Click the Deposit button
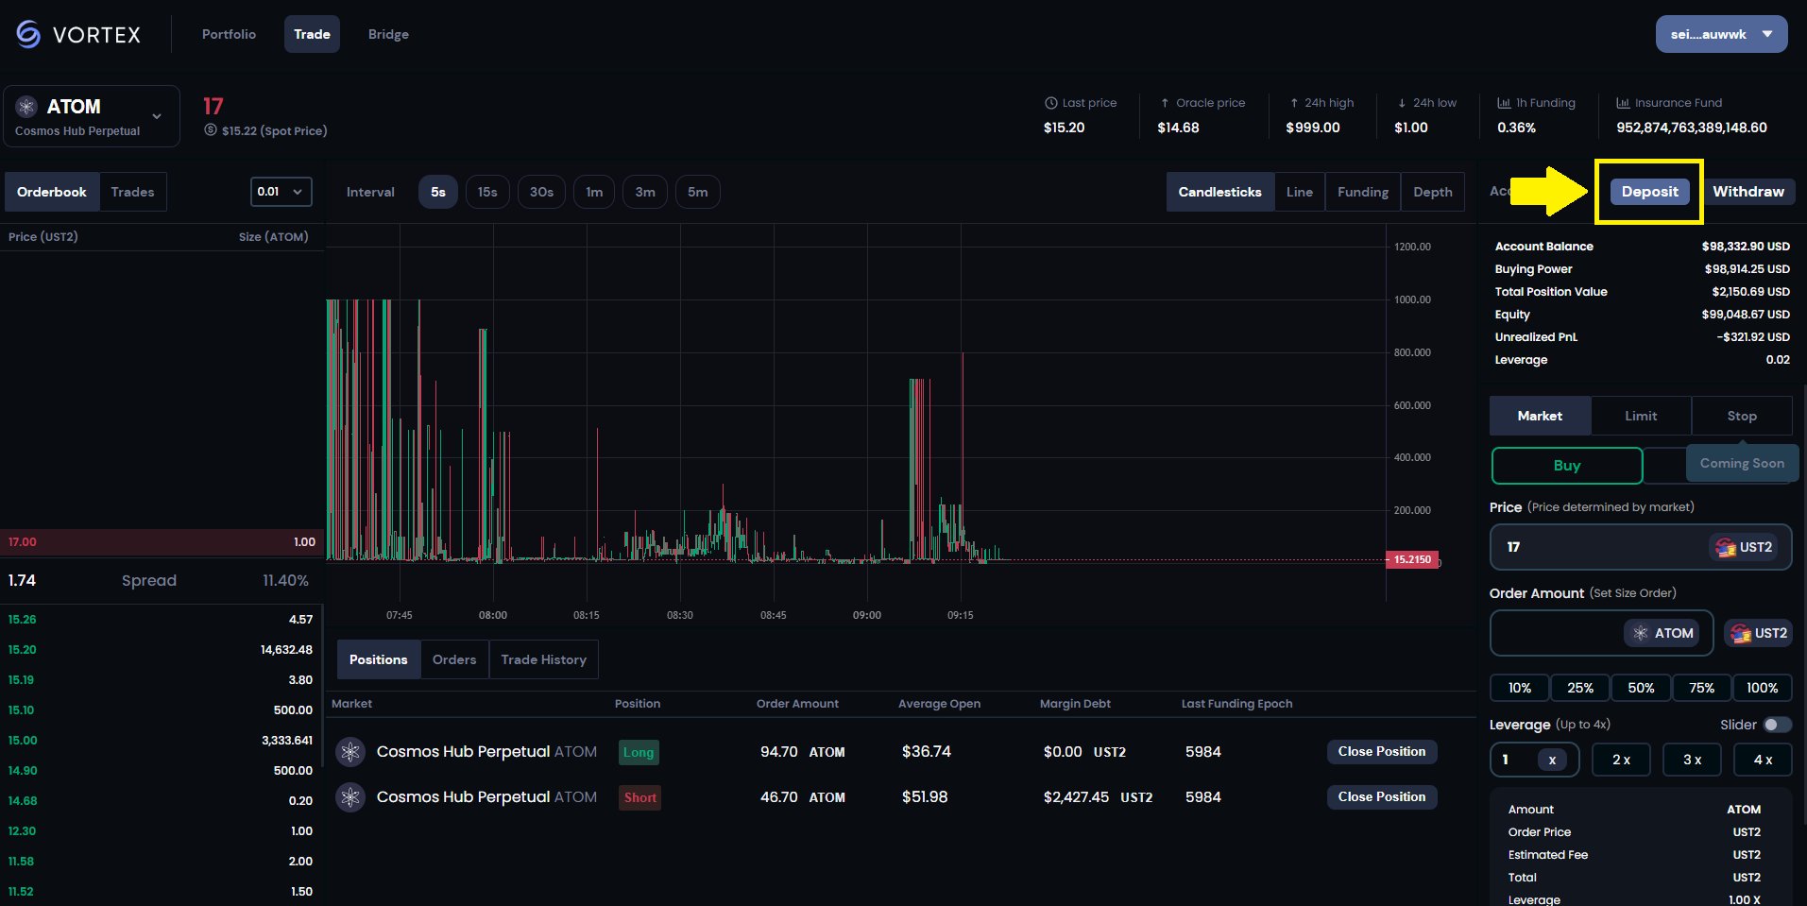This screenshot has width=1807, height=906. tap(1649, 192)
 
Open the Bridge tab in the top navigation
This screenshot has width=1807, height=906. tap(388, 34)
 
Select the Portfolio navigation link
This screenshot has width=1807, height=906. tap(229, 34)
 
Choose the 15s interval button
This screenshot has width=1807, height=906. tap(487, 192)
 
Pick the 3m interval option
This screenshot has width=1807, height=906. tap(645, 192)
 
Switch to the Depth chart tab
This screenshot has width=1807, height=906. tap(1432, 192)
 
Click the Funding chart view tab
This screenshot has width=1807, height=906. tap(1362, 192)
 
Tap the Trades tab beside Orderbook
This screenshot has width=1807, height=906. tap(132, 192)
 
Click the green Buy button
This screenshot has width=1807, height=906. tap(1566, 466)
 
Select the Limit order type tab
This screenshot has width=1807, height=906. tap(1641, 416)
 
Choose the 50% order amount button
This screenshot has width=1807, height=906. tap(1641, 688)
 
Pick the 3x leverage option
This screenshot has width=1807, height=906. tap(1692, 760)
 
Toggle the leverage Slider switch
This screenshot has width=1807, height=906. tap(1777, 725)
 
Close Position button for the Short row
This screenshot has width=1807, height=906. tap(1381, 796)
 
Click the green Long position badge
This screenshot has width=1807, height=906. tap(639, 752)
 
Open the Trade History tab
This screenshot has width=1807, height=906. tap(543, 659)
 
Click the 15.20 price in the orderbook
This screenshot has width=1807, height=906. tap(23, 650)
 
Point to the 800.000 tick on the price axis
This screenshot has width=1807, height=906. tap(1412, 352)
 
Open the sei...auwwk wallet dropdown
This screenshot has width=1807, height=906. tap(1721, 34)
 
